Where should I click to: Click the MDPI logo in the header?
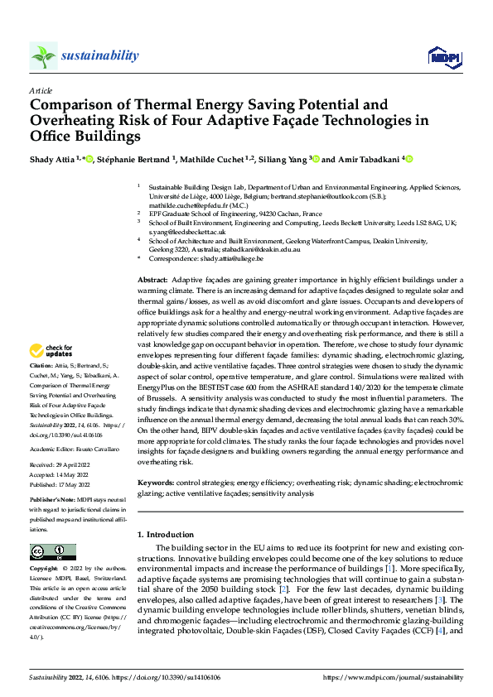443,56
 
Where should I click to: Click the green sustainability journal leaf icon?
43,55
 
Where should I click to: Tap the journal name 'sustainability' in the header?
99,55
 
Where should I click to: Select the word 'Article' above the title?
41,91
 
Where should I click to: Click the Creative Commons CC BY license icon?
52,552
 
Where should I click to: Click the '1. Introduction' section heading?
171,535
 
